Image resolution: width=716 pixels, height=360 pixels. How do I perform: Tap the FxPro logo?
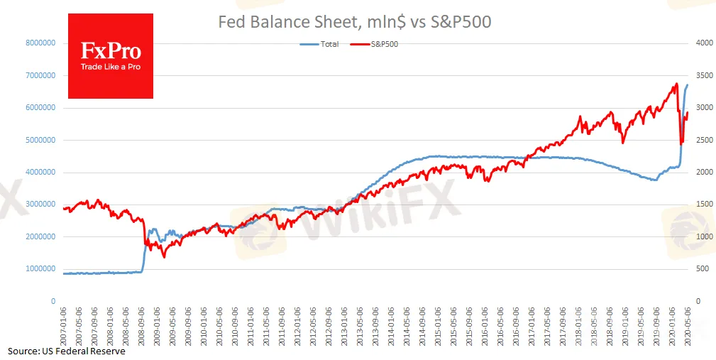pyautogui.click(x=110, y=51)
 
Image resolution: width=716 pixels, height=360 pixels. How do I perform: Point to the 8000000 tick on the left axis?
pyautogui.click(x=40, y=43)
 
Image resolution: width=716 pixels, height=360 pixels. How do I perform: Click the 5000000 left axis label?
pyautogui.click(x=40, y=140)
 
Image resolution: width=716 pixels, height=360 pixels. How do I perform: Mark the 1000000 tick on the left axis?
pyautogui.click(x=40, y=269)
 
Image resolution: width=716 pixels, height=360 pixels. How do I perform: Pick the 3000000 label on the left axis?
pyautogui.click(x=40, y=204)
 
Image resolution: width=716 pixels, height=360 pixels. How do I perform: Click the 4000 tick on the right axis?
pyautogui.click(x=704, y=43)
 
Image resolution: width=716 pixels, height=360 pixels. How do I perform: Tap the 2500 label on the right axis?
pyautogui.click(x=704, y=140)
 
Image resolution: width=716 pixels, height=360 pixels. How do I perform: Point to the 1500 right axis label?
pyautogui.click(x=704, y=204)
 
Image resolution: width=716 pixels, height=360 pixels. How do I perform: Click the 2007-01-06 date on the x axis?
pyautogui.click(x=65, y=326)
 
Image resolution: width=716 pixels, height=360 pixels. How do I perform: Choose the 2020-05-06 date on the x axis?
pyautogui.click(x=687, y=326)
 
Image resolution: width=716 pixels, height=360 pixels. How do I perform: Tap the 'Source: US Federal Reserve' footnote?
pyautogui.click(x=67, y=351)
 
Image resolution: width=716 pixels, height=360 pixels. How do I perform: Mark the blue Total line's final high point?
pyautogui.click(x=687, y=85)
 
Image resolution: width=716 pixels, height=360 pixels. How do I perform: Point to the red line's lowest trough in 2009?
pyautogui.click(x=164, y=256)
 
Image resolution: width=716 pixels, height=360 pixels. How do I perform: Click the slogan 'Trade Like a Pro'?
pyautogui.click(x=110, y=67)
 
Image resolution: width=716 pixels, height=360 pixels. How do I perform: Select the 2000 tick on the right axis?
pyautogui.click(x=704, y=173)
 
